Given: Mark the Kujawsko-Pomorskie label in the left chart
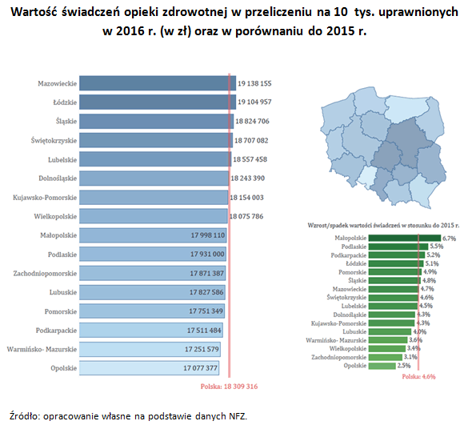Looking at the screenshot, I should (x=45, y=197).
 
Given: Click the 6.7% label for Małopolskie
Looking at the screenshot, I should (x=448, y=239).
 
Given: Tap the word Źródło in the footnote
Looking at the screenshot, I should (x=22, y=415).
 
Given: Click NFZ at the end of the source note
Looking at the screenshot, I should (x=237, y=415).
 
